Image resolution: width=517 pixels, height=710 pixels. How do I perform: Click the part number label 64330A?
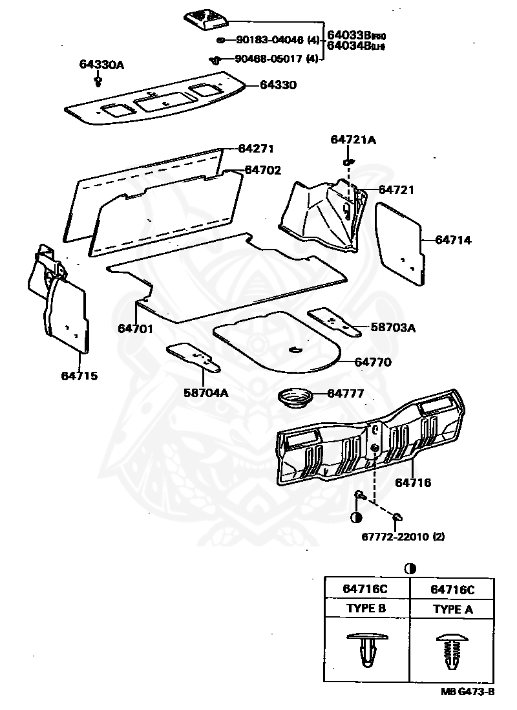pos(101,65)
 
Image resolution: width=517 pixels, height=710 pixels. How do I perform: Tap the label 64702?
pos(263,170)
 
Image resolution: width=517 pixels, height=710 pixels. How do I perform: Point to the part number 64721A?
pos(353,140)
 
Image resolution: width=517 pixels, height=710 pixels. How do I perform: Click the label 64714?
pos(453,240)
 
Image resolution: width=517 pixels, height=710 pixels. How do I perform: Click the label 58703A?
pos(393,328)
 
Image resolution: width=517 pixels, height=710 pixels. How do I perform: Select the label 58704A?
pos(206,393)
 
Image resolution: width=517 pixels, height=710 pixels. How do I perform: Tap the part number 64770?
pos(373,362)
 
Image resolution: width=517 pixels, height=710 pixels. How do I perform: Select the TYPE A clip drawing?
pos(452,650)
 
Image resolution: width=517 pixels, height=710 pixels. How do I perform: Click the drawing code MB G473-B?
pos(469,691)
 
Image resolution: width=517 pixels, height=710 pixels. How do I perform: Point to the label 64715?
pos(79,376)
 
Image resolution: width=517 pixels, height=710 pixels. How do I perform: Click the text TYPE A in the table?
pos(452,609)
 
